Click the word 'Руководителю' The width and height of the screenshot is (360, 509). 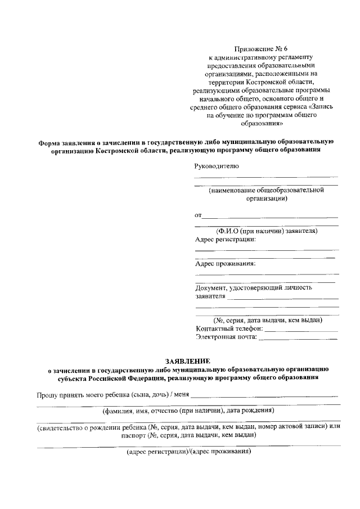pos(217,166)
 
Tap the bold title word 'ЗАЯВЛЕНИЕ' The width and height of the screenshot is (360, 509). pos(187,361)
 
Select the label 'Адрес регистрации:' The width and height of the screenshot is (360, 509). pos(225,239)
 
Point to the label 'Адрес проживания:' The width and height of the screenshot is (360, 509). pos(225,263)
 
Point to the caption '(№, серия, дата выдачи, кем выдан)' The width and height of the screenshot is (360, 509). pos(267,320)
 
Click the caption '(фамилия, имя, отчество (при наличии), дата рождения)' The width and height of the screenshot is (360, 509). pos(188,411)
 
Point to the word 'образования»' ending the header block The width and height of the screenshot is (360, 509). pos(263,123)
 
